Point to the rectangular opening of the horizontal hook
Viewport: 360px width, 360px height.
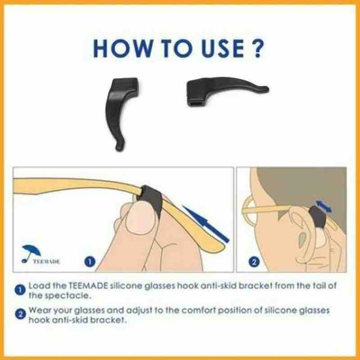pos(195,103)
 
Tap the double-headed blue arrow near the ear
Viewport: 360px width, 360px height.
pos(324,206)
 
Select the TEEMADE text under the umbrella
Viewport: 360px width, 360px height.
pos(46,261)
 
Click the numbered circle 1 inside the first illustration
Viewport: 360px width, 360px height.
pos(90,261)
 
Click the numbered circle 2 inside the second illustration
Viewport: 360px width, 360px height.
pos(254,262)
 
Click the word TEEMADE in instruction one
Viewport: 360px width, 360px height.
pos(88,286)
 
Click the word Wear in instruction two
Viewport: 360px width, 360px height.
pos(39,310)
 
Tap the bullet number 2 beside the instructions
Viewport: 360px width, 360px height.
pos(20,314)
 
